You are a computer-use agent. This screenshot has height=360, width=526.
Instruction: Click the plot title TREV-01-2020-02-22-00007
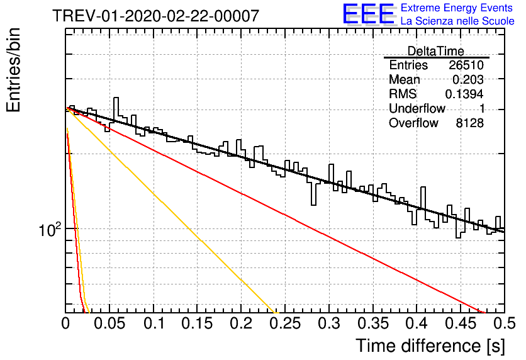155,16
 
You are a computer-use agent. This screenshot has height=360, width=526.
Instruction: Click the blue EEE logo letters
368,14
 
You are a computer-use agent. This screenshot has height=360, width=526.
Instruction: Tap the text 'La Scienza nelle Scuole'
457,21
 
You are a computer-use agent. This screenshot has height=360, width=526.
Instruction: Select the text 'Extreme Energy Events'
457,8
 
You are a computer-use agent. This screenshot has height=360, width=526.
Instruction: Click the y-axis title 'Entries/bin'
13,70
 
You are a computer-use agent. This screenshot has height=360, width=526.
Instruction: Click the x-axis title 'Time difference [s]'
430,346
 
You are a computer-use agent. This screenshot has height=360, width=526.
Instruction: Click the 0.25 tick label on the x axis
285,323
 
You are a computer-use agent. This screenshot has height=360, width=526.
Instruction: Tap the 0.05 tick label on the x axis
109,323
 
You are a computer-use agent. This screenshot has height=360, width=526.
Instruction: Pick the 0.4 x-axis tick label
417,323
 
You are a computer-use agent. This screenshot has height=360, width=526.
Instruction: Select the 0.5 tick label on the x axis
504,323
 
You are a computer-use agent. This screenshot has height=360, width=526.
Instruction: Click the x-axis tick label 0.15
198,323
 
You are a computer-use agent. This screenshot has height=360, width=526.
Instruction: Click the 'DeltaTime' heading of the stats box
436,51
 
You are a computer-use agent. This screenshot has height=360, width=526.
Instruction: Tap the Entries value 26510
466,65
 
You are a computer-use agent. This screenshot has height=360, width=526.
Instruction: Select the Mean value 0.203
468,79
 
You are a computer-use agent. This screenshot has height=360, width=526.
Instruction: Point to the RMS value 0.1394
464,94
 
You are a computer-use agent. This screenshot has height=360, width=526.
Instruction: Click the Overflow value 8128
469,123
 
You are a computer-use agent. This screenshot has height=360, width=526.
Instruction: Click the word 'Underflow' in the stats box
417,108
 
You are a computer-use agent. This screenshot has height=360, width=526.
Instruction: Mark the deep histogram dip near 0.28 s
314,194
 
